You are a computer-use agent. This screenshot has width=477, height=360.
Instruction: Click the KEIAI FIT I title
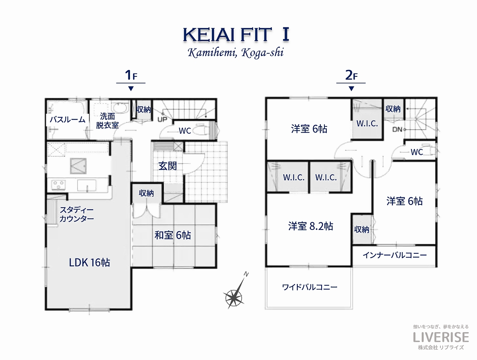point(236,35)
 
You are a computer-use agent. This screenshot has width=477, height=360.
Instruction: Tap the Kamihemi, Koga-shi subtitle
point(236,53)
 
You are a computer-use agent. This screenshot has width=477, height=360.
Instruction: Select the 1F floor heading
point(131,75)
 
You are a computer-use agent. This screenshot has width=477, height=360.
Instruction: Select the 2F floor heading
point(351,75)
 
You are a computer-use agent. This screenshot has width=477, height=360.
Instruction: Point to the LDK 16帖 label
point(89,263)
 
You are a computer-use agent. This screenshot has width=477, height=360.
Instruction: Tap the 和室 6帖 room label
point(173,235)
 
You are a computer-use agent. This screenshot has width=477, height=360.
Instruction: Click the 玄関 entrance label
point(167,166)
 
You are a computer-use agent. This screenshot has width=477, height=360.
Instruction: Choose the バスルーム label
point(68,120)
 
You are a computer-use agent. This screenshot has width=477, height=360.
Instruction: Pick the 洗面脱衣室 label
point(107,121)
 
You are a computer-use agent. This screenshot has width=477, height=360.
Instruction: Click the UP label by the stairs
point(162,119)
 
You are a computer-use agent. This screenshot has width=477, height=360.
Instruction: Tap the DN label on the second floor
point(397,130)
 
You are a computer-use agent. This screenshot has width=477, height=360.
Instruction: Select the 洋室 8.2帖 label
point(310,226)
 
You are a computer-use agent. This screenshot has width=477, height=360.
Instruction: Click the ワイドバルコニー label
point(309,287)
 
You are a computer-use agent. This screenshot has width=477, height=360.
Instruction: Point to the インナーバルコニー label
point(395,255)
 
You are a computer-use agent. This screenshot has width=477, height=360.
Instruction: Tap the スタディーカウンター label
point(76,214)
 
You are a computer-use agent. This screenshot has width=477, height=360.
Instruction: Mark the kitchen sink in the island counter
point(87,185)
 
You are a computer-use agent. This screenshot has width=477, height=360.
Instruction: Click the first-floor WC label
point(185,131)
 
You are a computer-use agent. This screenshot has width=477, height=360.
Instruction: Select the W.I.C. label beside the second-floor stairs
point(367,124)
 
